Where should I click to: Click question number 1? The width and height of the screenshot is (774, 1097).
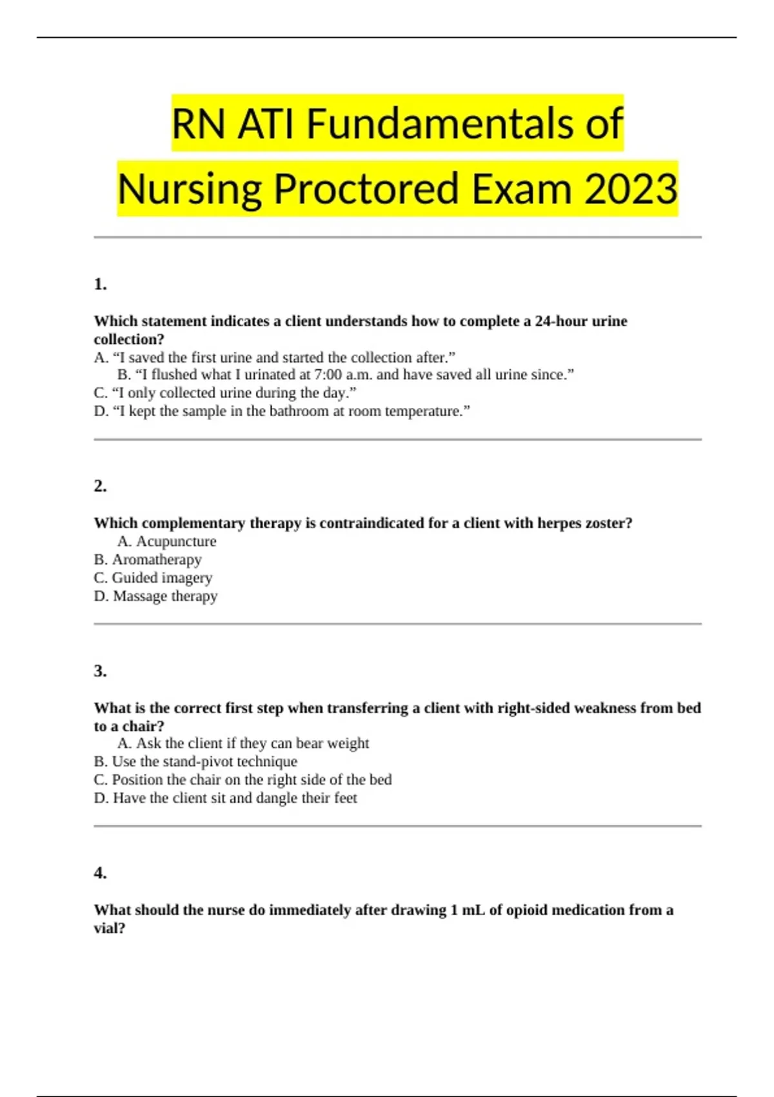tap(100, 284)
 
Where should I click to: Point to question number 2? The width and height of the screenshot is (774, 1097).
tap(100, 486)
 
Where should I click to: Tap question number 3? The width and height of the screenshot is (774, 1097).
tap(100, 671)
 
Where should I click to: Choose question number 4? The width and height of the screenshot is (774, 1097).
tap(100, 873)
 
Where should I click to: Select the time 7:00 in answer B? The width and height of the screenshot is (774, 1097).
tap(328, 375)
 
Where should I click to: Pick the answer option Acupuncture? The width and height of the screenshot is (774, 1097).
tap(175, 541)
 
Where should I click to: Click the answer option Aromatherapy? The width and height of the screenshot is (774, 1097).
tap(156, 559)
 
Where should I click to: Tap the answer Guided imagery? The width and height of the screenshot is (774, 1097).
tap(161, 578)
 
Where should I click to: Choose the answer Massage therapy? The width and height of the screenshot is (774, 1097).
tap(164, 596)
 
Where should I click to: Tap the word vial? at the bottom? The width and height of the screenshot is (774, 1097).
tap(110, 929)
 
